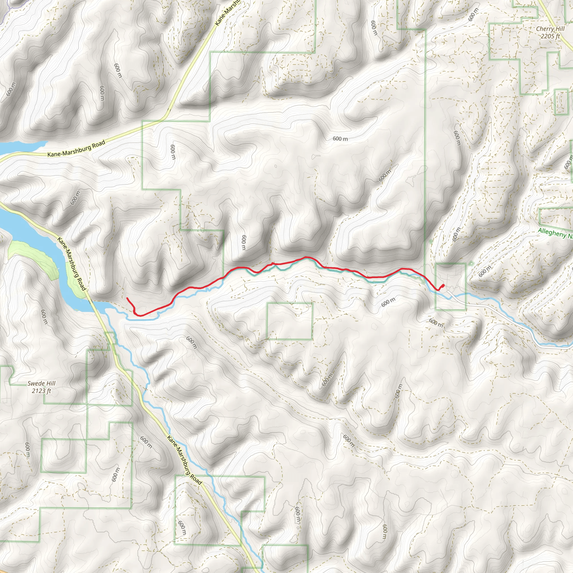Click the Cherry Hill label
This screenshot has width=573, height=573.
550,29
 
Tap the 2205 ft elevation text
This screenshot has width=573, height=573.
550,36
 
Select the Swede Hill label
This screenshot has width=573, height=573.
41,384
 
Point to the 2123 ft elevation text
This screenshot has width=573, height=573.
41,391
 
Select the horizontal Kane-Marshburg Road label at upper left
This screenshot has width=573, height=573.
76,149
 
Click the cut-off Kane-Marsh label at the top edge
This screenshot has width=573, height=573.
228,13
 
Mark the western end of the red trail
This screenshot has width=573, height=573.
127,298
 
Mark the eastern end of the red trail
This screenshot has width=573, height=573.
443,285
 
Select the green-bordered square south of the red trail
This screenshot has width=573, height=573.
290,321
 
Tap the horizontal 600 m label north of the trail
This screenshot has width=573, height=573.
340,138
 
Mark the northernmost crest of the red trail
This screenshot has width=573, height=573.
306,257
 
